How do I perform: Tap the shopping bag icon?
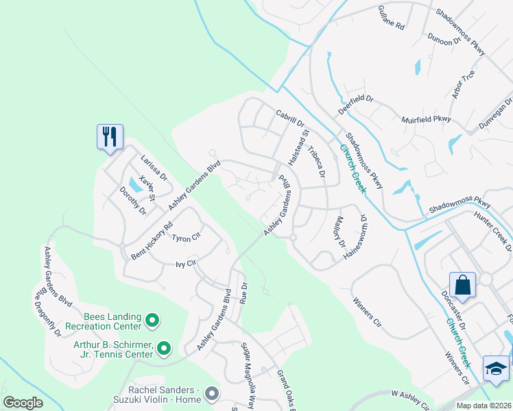point(462,284)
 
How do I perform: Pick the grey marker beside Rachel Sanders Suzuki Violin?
point(211,393)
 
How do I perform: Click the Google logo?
point(23,403)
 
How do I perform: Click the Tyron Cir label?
point(185,238)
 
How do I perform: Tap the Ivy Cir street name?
point(186,263)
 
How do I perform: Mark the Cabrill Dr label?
point(289,118)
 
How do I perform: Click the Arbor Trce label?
point(463,84)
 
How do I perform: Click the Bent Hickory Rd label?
point(152,241)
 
